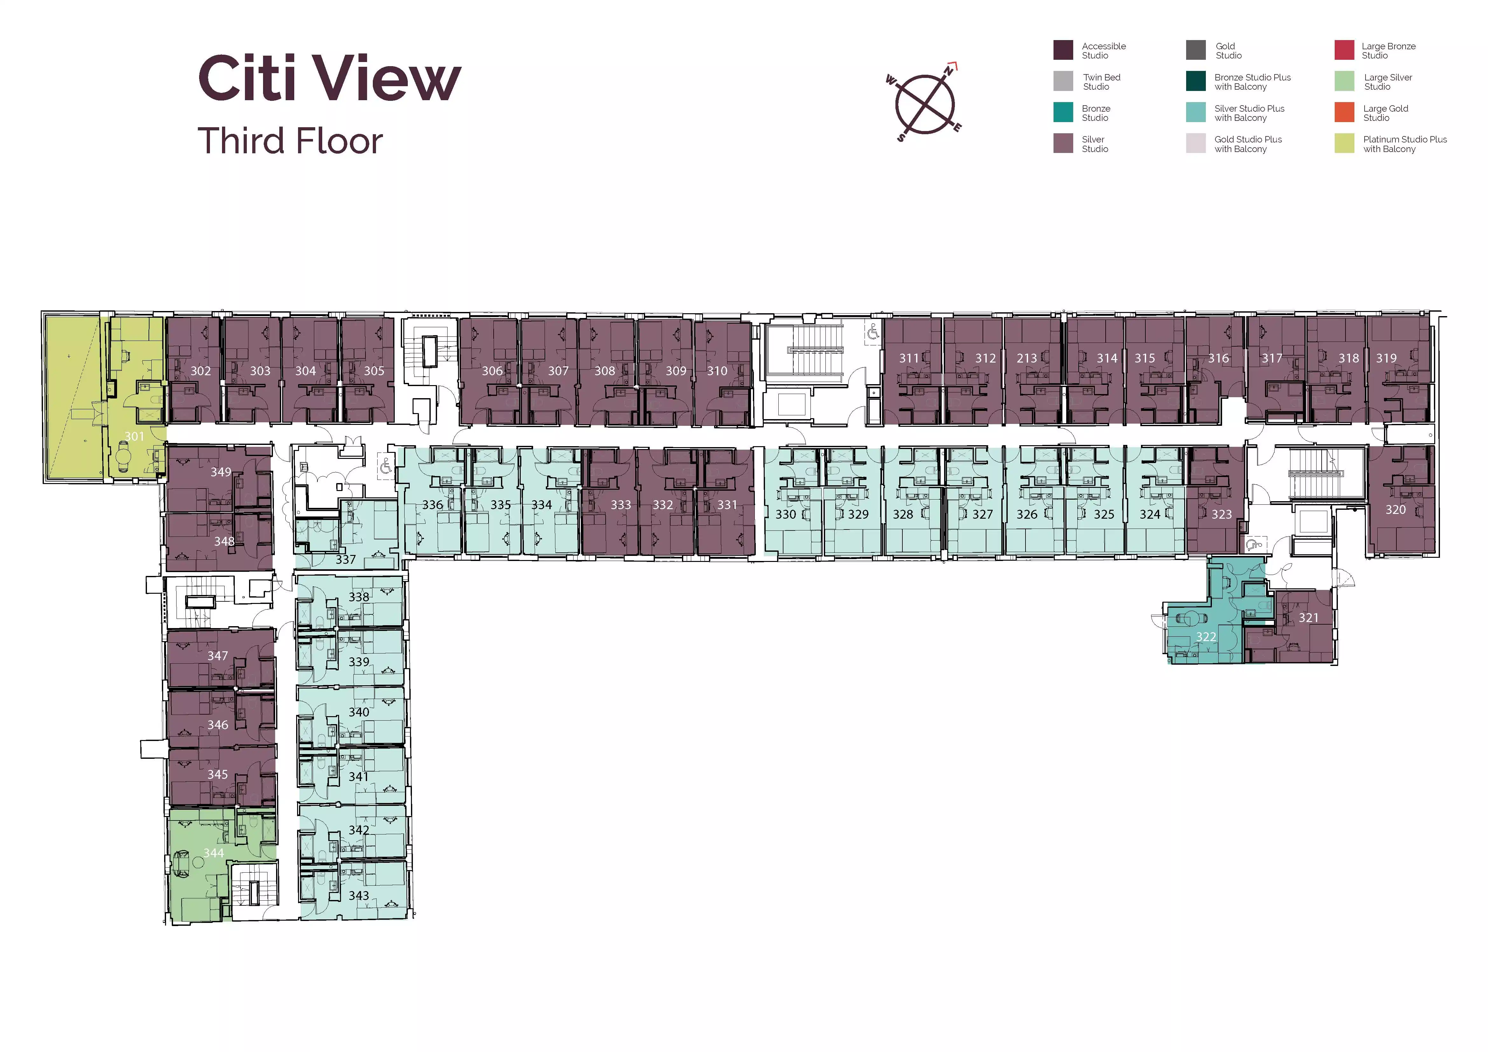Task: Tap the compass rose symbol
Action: [x=925, y=103]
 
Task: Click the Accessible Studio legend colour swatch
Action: [x=1063, y=50]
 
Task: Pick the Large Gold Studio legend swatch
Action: [x=1344, y=112]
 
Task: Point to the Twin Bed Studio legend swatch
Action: [x=1063, y=81]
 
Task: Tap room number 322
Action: [x=1206, y=637]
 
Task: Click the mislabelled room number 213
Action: [x=1026, y=358]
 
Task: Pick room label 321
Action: [x=1309, y=617]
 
